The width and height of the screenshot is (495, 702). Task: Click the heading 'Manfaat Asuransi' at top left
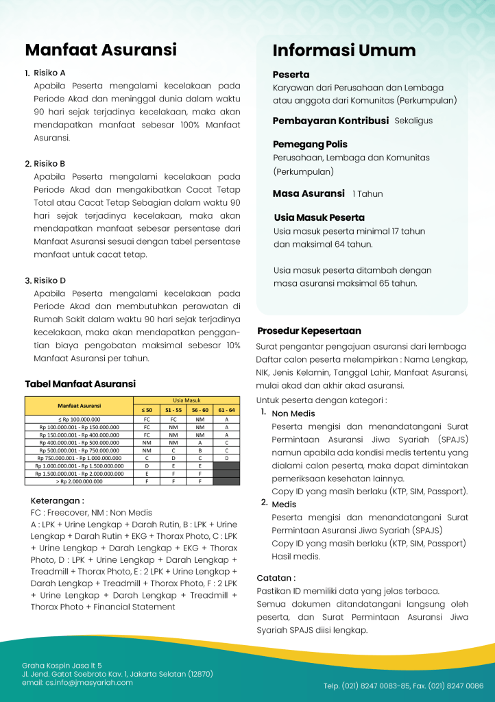[101, 50]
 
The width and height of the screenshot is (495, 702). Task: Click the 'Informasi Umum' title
[344, 51]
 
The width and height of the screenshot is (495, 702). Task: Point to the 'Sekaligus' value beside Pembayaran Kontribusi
[413, 121]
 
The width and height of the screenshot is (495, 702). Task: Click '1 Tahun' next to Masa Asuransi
[367, 194]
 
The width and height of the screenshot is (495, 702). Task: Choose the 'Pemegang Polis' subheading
[310, 145]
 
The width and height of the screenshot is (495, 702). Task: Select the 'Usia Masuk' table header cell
[186, 400]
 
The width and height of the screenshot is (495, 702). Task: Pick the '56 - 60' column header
[200, 410]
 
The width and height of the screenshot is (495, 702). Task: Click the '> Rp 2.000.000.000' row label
[80, 481]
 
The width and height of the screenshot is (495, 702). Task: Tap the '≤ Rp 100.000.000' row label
[80, 418]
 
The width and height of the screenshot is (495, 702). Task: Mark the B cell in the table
[200, 450]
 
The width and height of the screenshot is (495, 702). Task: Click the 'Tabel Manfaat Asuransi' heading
[80, 384]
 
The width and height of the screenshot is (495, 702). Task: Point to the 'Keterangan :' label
[58, 501]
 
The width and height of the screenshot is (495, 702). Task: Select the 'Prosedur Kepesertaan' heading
[309, 330]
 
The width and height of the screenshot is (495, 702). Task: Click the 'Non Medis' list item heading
[293, 413]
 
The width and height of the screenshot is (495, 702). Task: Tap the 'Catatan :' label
[276, 578]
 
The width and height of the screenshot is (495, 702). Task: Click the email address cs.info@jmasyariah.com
[77, 683]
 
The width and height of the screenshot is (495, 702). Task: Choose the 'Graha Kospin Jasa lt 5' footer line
[62, 665]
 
